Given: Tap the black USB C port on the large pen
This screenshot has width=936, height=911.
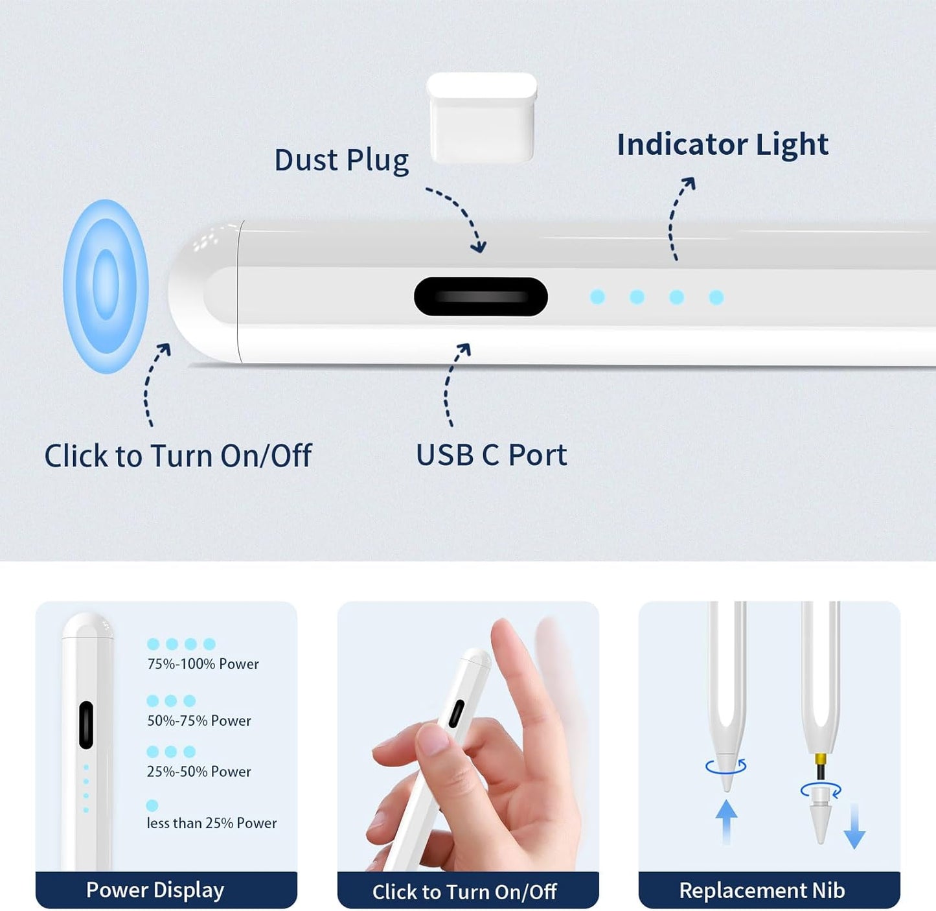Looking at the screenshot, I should tap(481, 297).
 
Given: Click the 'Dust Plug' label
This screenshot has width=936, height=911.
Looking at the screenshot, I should tap(341, 160).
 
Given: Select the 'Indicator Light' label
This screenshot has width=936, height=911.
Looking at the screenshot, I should tap(722, 144).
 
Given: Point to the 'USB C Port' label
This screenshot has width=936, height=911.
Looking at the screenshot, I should tap(491, 455).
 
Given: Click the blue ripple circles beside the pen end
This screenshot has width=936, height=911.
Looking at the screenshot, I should tap(106, 286).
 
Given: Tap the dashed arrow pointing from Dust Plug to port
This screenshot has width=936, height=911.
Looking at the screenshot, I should tap(459, 218).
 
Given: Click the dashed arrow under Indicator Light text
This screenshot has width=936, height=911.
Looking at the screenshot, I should tap(678, 218).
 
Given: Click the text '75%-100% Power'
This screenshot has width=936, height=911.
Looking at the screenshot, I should tap(203, 664).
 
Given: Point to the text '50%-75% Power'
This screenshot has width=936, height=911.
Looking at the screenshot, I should tap(199, 721).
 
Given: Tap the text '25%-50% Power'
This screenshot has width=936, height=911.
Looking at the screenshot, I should tap(199, 772).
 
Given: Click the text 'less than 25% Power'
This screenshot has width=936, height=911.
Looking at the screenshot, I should tap(211, 823).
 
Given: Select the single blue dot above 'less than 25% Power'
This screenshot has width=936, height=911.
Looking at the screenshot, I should tap(152, 805).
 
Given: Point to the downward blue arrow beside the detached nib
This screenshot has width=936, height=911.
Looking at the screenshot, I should tap(854, 827).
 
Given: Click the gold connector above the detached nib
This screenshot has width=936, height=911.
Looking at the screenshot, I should tap(821, 759).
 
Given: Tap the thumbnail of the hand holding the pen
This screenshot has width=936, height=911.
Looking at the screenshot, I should tap(468, 739).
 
